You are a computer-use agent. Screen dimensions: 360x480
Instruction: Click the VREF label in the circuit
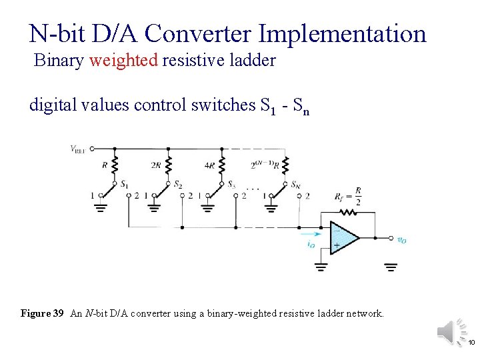point(79,149)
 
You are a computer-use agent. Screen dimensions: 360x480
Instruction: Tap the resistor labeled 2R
point(168,165)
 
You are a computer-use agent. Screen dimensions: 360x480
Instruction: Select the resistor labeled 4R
point(222,165)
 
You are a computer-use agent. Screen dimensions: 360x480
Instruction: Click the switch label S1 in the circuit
point(124,183)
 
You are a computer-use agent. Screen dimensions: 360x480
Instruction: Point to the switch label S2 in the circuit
point(178,184)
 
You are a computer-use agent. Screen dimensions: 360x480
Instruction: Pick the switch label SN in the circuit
point(295,184)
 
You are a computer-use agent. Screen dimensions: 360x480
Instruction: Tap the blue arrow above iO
point(309,234)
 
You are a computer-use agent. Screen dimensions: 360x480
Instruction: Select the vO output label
point(401,240)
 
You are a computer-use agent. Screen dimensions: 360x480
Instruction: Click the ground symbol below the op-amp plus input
point(321,267)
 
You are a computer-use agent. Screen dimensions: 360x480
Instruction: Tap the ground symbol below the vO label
point(391,267)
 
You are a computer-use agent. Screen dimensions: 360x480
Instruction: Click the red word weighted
point(123,61)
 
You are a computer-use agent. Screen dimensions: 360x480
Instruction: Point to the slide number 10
point(471,342)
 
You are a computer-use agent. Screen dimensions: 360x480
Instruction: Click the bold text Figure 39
point(42,313)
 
